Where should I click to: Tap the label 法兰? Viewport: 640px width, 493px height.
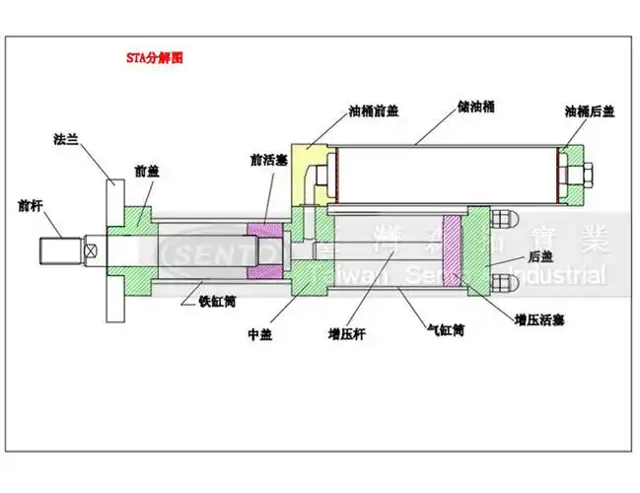65,139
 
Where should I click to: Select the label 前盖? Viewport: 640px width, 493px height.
146,171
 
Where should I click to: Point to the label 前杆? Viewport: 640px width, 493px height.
31,206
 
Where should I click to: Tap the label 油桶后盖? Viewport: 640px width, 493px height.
589,111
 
